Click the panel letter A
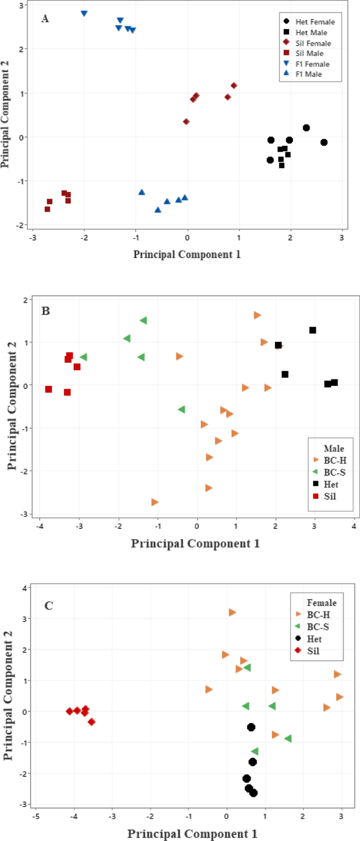coord(45,19)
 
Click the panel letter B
coord(46,311)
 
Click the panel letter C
coord(49,606)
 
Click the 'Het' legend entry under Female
coord(314,639)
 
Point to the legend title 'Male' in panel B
coord(334,448)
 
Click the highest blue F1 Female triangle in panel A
coord(84,14)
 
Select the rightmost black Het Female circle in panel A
coord(324,142)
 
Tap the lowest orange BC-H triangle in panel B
coord(155,502)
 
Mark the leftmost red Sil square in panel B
coord(49,389)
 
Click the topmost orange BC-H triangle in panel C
coord(232,612)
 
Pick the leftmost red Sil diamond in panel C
coord(69,712)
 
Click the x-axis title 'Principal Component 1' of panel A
coord(187,254)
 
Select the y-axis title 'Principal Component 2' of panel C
coord(8,695)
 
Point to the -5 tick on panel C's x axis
coord(36,817)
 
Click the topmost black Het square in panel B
coord(313,330)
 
